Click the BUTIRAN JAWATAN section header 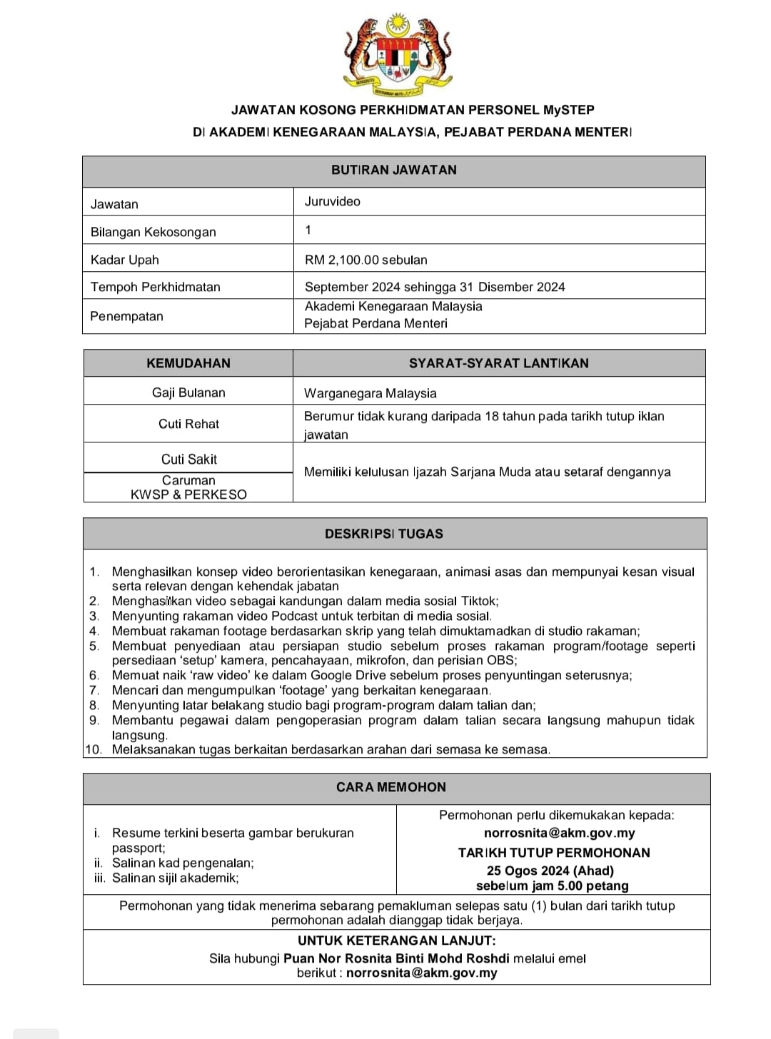tap(393, 170)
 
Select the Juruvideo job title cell tap(333, 201)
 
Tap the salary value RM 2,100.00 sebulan tap(366, 260)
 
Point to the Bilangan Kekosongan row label tap(153, 232)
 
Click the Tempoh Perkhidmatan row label tap(155, 287)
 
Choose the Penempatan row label tap(126, 316)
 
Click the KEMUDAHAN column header tap(188, 363)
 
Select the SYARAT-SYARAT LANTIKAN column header tap(498, 363)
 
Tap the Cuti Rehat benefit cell tap(188, 424)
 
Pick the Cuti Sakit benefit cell tap(188, 460)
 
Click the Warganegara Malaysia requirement tap(370, 393)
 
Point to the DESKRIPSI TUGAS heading tap(383, 534)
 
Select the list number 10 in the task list tap(94, 749)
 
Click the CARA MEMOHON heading tap(390, 787)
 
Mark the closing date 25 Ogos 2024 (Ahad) tap(550, 871)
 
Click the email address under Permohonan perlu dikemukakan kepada tap(559, 833)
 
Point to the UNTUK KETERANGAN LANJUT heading tap(396, 941)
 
